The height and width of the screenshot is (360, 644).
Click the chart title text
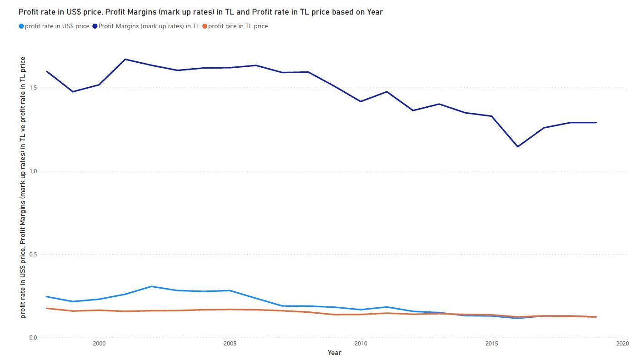[x=200, y=12]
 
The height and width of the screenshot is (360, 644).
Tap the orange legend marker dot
[x=205, y=26]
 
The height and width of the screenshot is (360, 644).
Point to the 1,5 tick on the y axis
[x=32, y=87]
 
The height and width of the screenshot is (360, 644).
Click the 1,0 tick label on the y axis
[x=32, y=171]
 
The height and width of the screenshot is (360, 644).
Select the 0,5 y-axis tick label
[x=32, y=255]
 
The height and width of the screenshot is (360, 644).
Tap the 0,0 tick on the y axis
[x=32, y=338]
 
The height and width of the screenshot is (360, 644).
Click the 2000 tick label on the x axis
[x=99, y=344]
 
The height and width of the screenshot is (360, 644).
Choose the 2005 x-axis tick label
[x=230, y=344]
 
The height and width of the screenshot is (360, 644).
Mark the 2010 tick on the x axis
[x=361, y=344]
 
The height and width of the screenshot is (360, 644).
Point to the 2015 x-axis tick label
[x=491, y=344]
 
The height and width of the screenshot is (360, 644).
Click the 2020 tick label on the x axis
[x=622, y=344]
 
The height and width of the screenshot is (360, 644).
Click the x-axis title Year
[x=334, y=353]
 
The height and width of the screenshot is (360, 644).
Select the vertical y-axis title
[x=23, y=187]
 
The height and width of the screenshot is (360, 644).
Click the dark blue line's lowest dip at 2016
[x=518, y=146]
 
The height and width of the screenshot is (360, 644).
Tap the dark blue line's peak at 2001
[x=125, y=59]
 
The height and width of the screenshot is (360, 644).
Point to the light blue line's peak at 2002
[x=151, y=286]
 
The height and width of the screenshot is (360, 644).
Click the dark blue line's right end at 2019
[x=596, y=122]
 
